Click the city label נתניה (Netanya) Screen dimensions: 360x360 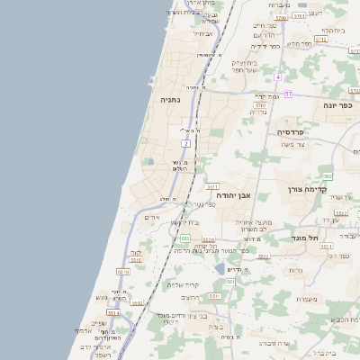[x=170, y=100]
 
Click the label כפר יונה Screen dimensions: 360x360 [x=338, y=105]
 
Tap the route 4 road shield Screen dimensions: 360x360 [x=279, y=76]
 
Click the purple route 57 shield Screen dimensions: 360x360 [x=288, y=94]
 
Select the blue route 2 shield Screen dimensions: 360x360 [x=186, y=143]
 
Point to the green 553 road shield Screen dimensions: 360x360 [x=184, y=238]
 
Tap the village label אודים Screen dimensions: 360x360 [x=151, y=218]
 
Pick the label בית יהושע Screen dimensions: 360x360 [x=184, y=222]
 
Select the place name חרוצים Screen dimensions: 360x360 [x=190, y=297]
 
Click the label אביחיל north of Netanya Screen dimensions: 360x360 [x=203, y=34]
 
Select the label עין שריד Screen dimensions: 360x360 [x=336, y=197]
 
